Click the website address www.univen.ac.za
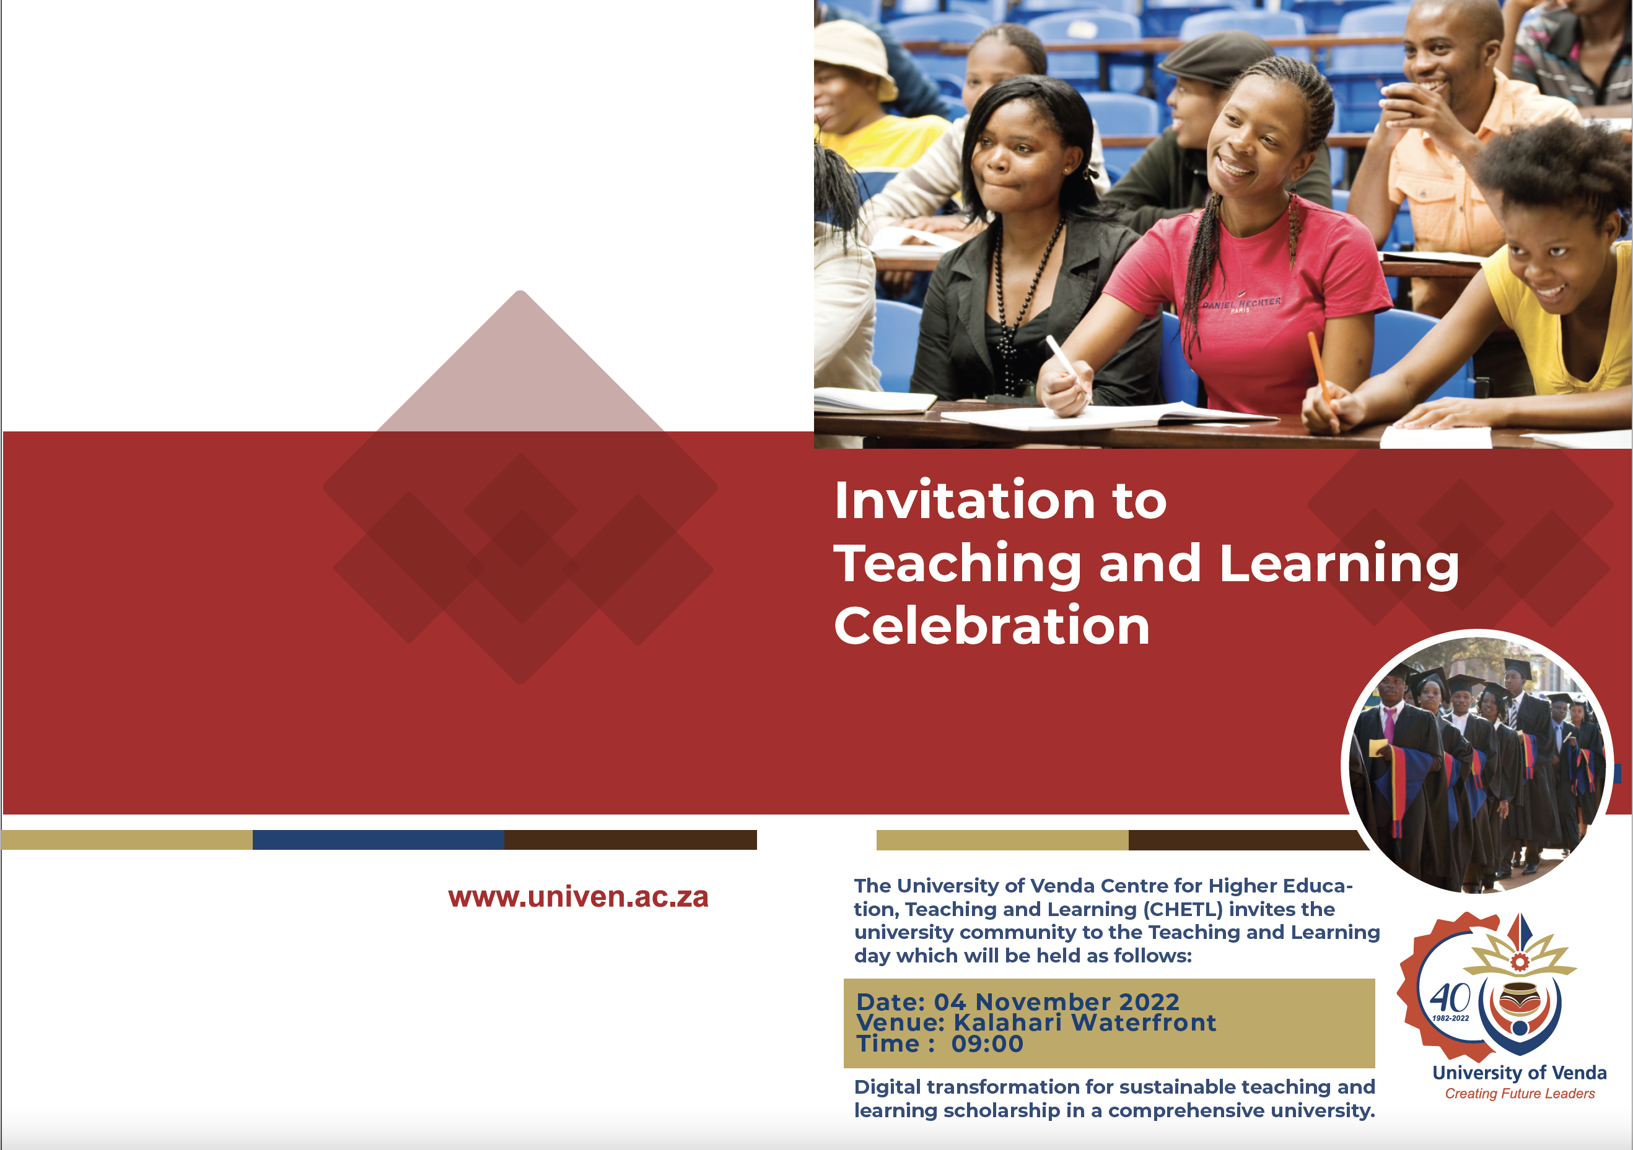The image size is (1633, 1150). click(x=578, y=897)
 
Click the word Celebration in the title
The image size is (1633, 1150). click(x=991, y=626)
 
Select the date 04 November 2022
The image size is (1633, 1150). click(x=1056, y=1001)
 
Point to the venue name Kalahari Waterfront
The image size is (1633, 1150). click(x=1085, y=1022)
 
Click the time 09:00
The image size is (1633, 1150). click(x=987, y=1044)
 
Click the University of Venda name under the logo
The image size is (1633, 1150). click(x=1519, y=1073)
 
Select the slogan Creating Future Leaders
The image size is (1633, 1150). click(x=1519, y=1094)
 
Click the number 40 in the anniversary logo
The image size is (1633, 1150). click(x=1450, y=998)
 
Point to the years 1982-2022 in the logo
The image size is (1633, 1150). click(x=1450, y=1019)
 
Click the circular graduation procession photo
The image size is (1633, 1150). click(x=1478, y=763)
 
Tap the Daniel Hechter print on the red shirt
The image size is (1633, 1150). click(x=1242, y=304)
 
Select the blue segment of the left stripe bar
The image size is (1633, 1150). click(x=379, y=839)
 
